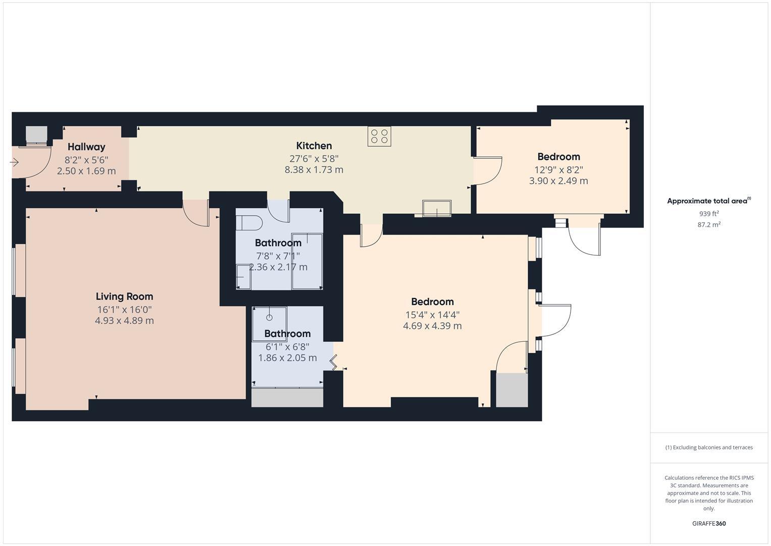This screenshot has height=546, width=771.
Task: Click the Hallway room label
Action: pos(86,147)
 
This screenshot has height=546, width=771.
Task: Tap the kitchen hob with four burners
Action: pos(379,136)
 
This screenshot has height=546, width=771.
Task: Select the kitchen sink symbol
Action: pos(437,208)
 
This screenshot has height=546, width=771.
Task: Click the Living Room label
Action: pos(124,297)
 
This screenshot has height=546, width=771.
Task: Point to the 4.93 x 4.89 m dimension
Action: pos(124,321)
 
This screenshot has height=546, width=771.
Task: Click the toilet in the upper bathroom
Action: pos(250,223)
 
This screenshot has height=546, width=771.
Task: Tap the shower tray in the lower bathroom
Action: pos(270,317)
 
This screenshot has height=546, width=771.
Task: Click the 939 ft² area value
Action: pos(709,213)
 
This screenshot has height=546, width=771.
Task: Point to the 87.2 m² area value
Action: pos(709,224)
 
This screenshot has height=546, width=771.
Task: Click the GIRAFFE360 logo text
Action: pos(709,523)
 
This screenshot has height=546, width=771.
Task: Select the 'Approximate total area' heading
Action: pos(708,201)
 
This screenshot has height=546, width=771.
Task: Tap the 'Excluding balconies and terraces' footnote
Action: pos(709,447)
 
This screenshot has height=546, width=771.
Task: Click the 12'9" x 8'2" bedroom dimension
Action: pos(558,170)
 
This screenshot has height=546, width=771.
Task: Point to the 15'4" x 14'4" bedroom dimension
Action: pos(432,314)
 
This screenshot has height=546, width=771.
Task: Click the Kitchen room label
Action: pos(314,146)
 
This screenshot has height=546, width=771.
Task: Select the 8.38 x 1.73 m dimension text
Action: pos(314,170)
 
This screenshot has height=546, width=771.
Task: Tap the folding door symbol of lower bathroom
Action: pos(334,361)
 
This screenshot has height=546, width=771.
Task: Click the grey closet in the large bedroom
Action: pos(511,390)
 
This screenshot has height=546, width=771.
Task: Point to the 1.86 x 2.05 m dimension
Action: pos(287,358)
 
